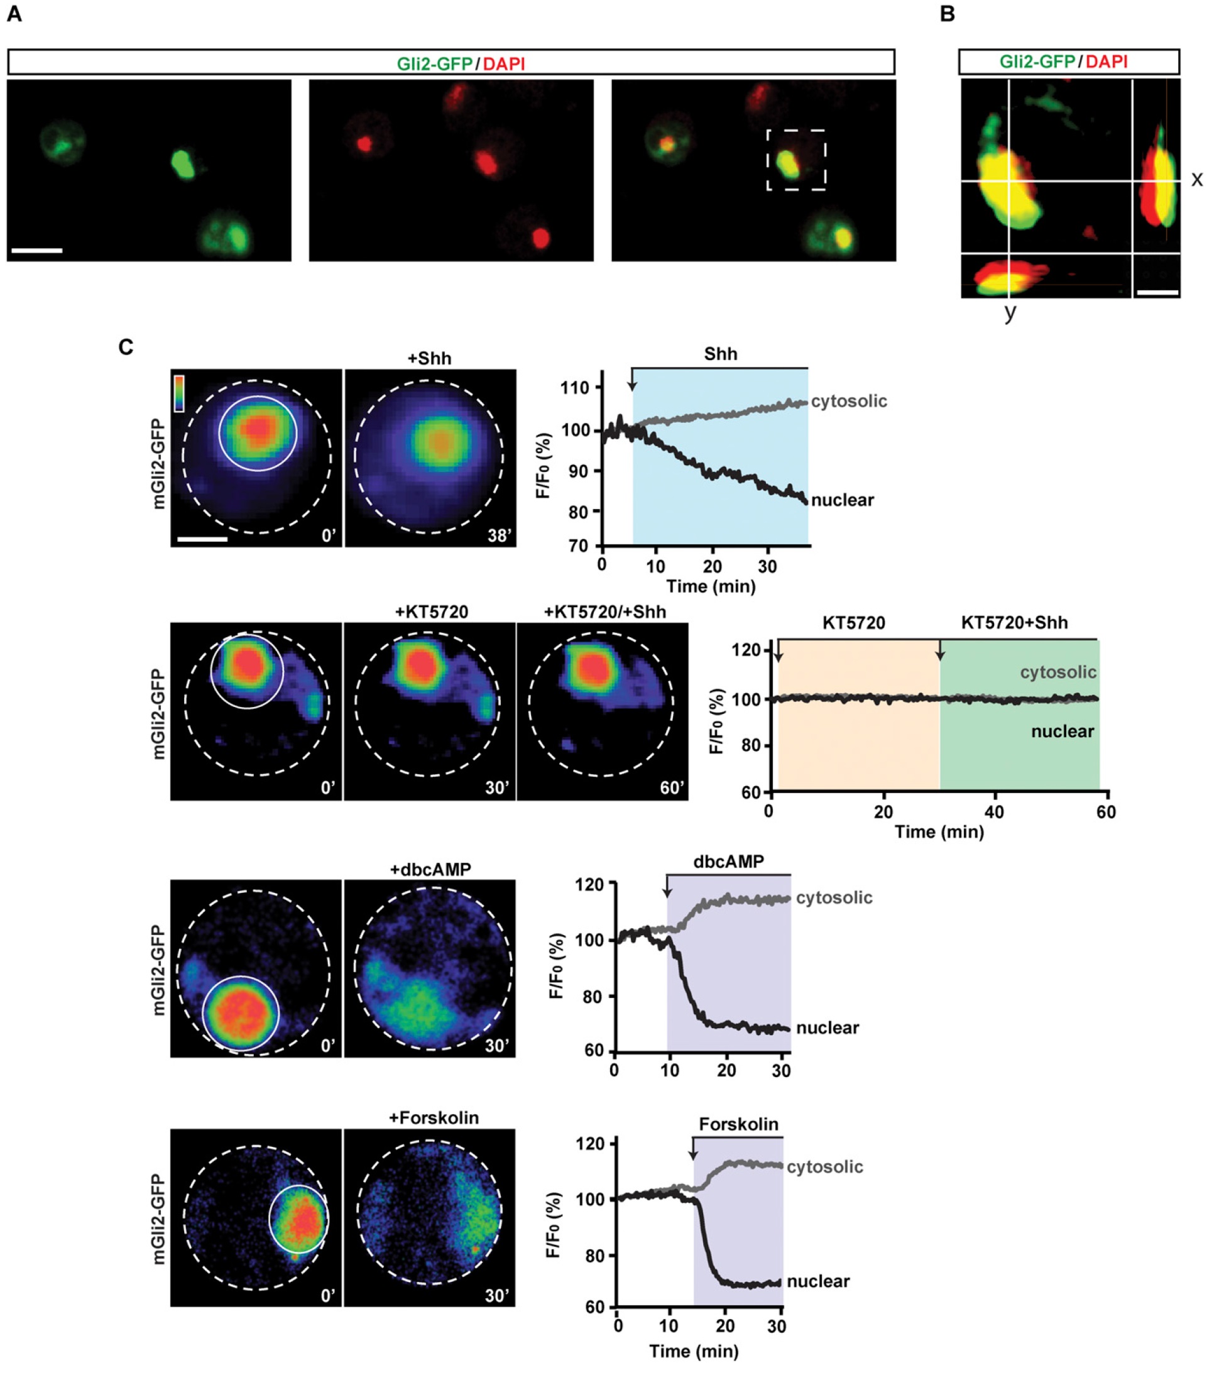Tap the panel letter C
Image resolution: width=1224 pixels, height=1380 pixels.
click(126, 347)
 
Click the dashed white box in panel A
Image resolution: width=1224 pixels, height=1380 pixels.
click(795, 160)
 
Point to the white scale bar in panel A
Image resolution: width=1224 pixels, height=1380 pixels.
click(37, 251)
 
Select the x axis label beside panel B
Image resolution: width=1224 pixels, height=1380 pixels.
click(1196, 179)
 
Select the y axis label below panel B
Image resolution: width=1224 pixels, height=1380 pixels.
click(1010, 312)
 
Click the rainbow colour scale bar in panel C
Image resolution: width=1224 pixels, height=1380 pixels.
click(179, 393)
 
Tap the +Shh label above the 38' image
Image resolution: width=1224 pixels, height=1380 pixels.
click(429, 358)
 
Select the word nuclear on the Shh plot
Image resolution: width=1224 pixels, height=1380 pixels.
click(843, 500)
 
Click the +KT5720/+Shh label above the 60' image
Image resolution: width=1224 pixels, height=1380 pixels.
click(604, 611)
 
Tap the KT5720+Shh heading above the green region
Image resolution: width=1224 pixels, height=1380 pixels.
click(1014, 623)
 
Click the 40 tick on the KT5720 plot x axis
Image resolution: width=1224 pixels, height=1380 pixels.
click(995, 811)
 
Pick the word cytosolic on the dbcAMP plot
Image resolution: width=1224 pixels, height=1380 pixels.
click(834, 898)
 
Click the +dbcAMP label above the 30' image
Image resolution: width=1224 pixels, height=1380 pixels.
click(430, 870)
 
